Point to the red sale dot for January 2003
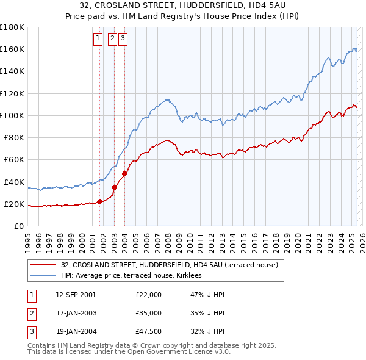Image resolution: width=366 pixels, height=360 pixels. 114,187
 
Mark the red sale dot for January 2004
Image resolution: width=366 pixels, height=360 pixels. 124,173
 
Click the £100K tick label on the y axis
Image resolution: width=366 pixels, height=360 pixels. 12,115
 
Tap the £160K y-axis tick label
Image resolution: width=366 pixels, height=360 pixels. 12,49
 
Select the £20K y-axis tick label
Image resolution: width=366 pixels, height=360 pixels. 14,204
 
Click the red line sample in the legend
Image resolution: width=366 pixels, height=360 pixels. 43,265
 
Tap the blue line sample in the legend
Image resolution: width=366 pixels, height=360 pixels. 43,275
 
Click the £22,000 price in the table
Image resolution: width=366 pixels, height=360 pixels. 149,295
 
